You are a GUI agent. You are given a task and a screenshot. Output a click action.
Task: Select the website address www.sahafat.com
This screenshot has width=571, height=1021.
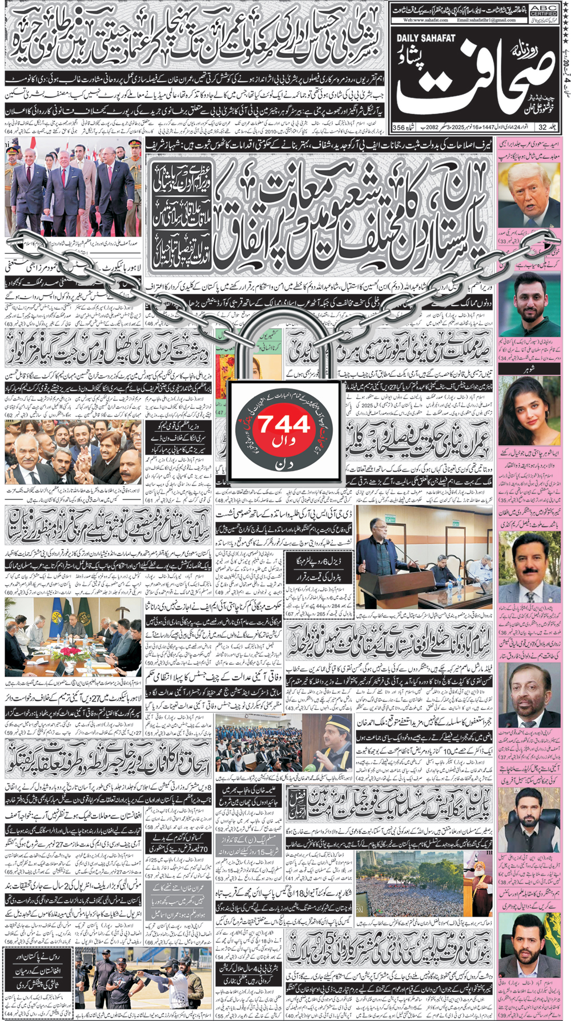pos(422,20)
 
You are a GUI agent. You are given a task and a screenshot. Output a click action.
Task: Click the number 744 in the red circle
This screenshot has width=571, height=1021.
pos(284,424)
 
